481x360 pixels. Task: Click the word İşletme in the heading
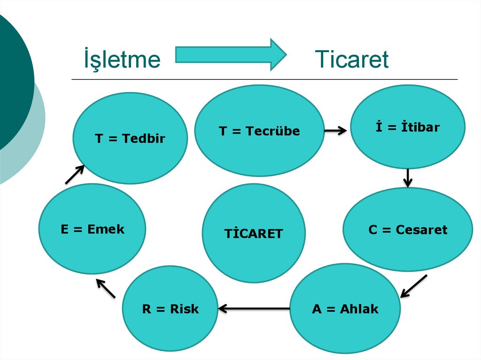pos(122,60)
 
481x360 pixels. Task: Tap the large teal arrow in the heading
pos(230,54)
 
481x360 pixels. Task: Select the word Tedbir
pos(143,138)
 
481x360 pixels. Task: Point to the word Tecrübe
pos(273,131)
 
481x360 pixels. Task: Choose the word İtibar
pos(420,127)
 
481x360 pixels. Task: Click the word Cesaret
pos(421,230)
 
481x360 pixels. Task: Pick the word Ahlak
pos(359,309)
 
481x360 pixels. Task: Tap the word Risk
pos(185,309)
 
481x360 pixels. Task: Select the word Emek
pos(106,229)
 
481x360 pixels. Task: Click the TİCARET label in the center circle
pos(254,233)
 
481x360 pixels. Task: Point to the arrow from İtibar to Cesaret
pos(408,177)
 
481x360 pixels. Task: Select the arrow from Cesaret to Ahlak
pos(413,286)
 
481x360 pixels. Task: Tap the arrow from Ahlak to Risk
pos(254,308)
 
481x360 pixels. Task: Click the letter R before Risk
pos(146,309)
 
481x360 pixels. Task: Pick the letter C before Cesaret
pos(373,230)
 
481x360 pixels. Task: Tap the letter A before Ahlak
pos(317,309)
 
